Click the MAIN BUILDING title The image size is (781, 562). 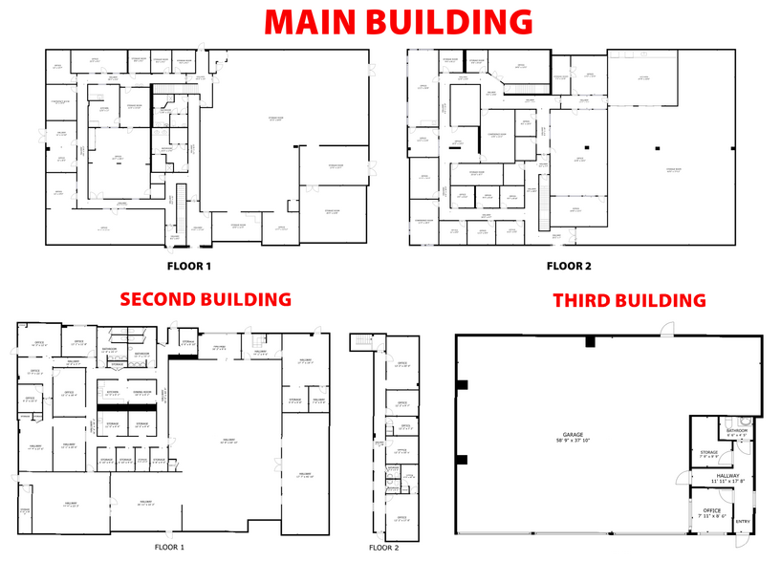pyautogui.click(x=398, y=21)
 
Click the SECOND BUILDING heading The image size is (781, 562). pyautogui.click(x=204, y=299)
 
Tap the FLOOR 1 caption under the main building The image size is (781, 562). pyautogui.click(x=188, y=265)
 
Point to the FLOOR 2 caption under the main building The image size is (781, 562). pyautogui.click(x=570, y=265)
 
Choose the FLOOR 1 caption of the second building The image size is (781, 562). pyautogui.click(x=168, y=548)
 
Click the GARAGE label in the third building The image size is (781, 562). pyautogui.click(x=574, y=436)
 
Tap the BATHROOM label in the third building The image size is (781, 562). pyautogui.click(x=736, y=431)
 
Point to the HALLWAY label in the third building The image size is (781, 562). pyautogui.click(x=727, y=475)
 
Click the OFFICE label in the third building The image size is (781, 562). pyautogui.click(x=710, y=510)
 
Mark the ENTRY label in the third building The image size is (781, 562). pyautogui.click(x=744, y=521)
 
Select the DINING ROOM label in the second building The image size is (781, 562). pyautogui.click(x=141, y=392)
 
